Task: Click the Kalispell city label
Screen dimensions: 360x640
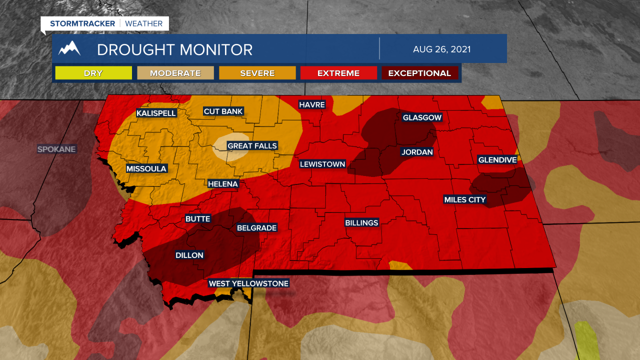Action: (x=156, y=113)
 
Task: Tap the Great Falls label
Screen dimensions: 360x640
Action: (x=252, y=146)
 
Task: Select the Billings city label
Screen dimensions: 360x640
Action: (x=361, y=222)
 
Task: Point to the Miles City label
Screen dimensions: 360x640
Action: (x=465, y=200)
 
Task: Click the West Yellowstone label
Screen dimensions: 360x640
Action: (x=248, y=283)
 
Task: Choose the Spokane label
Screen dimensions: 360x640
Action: (x=56, y=149)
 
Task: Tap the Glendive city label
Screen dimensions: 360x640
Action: (x=497, y=160)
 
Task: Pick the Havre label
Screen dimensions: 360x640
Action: (x=312, y=104)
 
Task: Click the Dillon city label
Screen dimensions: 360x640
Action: (x=189, y=255)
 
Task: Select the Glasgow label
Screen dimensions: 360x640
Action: (x=422, y=117)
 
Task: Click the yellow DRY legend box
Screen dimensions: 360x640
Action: (x=93, y=73)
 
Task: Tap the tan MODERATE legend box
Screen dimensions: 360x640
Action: (x=175, y=73)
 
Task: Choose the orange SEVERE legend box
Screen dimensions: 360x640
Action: (x=257, y=73)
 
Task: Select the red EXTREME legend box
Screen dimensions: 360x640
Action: (x=338, y=73)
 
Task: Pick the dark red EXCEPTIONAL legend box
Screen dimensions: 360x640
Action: (x=420, y=73)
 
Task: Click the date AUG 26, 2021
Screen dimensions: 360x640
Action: (x=442, y=49)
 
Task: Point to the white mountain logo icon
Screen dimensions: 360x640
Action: (x=69, y=48)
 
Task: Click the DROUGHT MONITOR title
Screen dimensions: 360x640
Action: (x=174, y=49)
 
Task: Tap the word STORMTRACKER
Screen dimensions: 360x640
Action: (x=82, y=23)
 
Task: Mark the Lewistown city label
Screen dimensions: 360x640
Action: (x=322, y=164)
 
